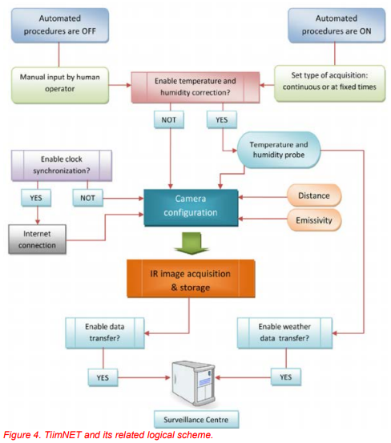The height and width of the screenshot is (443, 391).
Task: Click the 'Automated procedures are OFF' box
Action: coord(60,25)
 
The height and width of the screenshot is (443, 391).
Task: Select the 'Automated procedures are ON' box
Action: coord(337,25)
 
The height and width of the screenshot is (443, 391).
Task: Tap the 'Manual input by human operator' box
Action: coord(60,85)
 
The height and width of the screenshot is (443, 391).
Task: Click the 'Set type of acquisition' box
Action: coord(329,83)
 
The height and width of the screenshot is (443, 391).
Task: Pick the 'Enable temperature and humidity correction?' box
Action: coord(195,87)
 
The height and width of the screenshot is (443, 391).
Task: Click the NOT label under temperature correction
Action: coord(169,120)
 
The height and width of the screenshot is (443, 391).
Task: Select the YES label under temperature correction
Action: coord(222,120)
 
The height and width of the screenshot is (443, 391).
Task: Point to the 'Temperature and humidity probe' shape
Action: coord(279,150)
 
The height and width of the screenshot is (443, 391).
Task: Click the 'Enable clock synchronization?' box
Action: coord(62,165)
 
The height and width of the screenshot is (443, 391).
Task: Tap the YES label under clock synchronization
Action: coord(36,198)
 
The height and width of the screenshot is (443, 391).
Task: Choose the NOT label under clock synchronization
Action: coord(88,198)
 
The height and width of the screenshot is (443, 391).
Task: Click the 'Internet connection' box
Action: coord(38,240)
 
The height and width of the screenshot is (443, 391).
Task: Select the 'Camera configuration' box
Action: coord(191,207)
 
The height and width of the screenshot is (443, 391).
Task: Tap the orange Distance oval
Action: coord(314,195)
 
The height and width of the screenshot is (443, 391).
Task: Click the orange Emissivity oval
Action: coord(314,220)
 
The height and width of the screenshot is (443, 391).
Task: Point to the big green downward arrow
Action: coord(191,244)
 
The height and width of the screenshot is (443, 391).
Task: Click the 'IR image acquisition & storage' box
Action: coord(191,279)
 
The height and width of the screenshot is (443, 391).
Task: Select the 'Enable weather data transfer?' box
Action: coord(284,332)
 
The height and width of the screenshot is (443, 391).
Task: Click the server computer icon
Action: coord(194,383)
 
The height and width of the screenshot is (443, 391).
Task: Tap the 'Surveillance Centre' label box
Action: coord(196,420)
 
